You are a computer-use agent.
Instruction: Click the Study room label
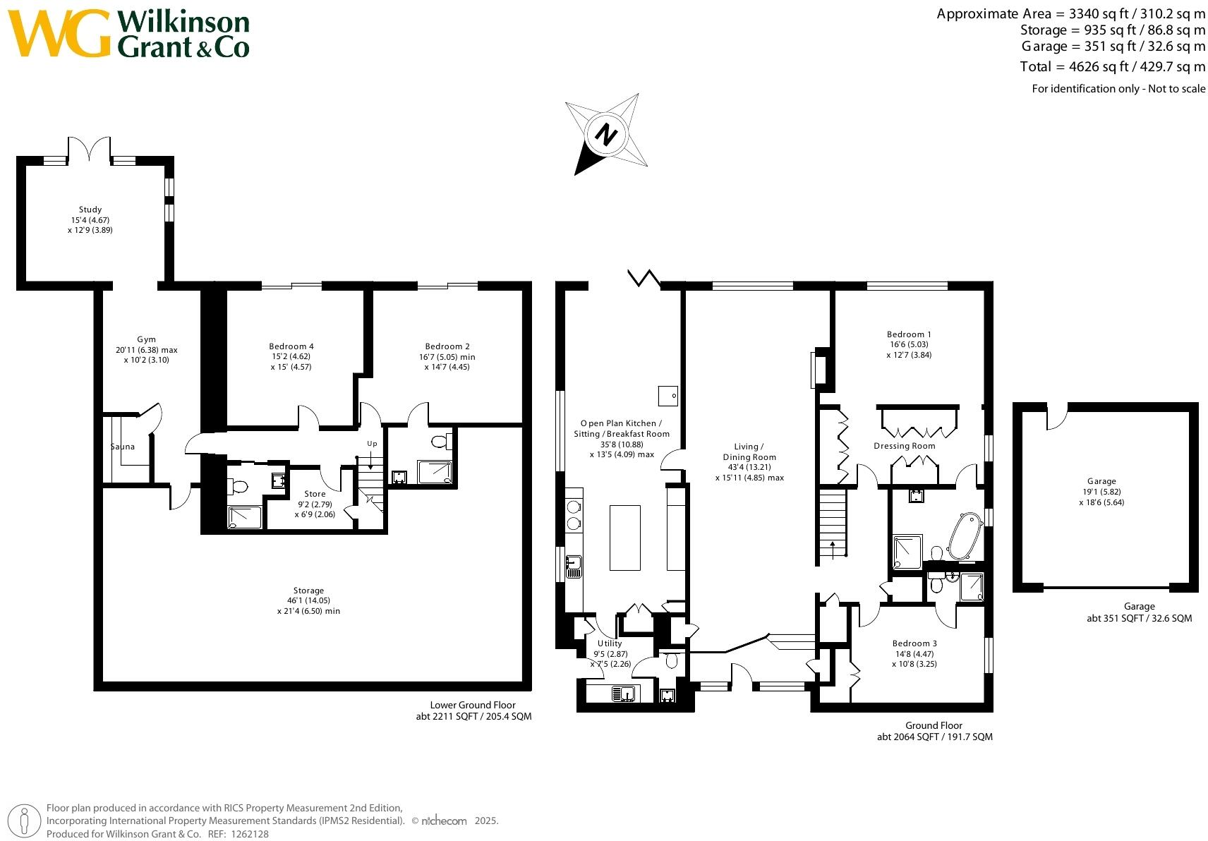(x=90, y=210)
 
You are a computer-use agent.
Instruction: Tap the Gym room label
(x=146, y=339)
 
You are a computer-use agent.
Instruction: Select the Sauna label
(x=122, y=447)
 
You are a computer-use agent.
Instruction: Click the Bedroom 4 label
(x=291, y=346)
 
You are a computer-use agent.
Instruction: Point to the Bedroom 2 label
(x=447, y=346)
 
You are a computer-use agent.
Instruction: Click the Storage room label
(x=308, y=591)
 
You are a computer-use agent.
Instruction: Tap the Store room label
(x=315, y=494)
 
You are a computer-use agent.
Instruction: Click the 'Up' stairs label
(x=372, y=444)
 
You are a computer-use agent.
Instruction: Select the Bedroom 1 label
(x=909, y=334)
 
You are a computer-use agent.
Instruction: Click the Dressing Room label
(x=904, y=446)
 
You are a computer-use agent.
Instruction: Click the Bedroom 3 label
(x=914, y=643)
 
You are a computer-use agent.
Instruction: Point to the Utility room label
(x=610, y=643)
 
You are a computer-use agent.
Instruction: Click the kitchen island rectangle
(x=624, y=537)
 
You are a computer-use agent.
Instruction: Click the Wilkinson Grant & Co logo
(x=129, y=33)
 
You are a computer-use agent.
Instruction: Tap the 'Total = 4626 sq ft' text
(x=1112, y=67)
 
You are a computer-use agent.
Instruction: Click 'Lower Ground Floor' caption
(x=473, y=705)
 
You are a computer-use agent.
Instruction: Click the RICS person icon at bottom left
(x=25, y=821)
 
